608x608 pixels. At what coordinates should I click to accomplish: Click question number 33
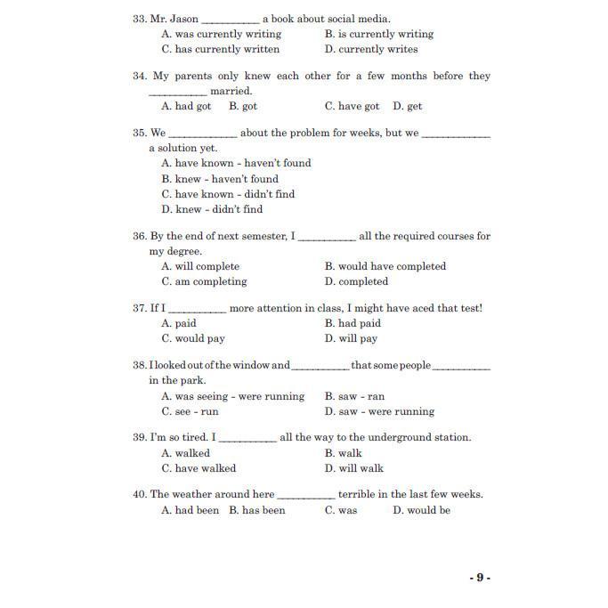point(140,19)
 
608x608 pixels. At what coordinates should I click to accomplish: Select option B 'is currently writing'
point(378,34)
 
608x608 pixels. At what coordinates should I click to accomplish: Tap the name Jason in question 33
point(182,19)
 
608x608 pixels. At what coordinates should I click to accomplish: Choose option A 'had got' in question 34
point(186,106)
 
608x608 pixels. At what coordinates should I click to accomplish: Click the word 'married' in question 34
point(231,91)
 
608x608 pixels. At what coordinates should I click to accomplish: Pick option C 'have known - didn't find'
point(228,194)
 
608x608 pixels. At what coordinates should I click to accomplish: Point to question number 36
point(140,236)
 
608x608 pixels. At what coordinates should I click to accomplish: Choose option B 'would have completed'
point(385,266)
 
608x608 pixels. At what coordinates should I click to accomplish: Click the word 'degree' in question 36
point(182,251)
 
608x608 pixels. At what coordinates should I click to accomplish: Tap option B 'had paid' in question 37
point(353,323)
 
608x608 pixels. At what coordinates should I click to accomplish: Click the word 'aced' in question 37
point(413,308)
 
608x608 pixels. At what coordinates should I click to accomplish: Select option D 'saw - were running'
point(379,411)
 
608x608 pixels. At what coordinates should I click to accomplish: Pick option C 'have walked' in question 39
point(199,468)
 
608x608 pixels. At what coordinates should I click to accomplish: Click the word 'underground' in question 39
point(389,437)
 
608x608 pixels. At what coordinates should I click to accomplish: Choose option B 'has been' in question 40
point(257,510)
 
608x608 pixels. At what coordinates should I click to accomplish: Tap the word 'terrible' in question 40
point(361,494)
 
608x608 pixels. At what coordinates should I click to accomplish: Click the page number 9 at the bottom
point(480,578)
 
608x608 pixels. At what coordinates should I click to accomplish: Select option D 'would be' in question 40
point(421,510)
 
